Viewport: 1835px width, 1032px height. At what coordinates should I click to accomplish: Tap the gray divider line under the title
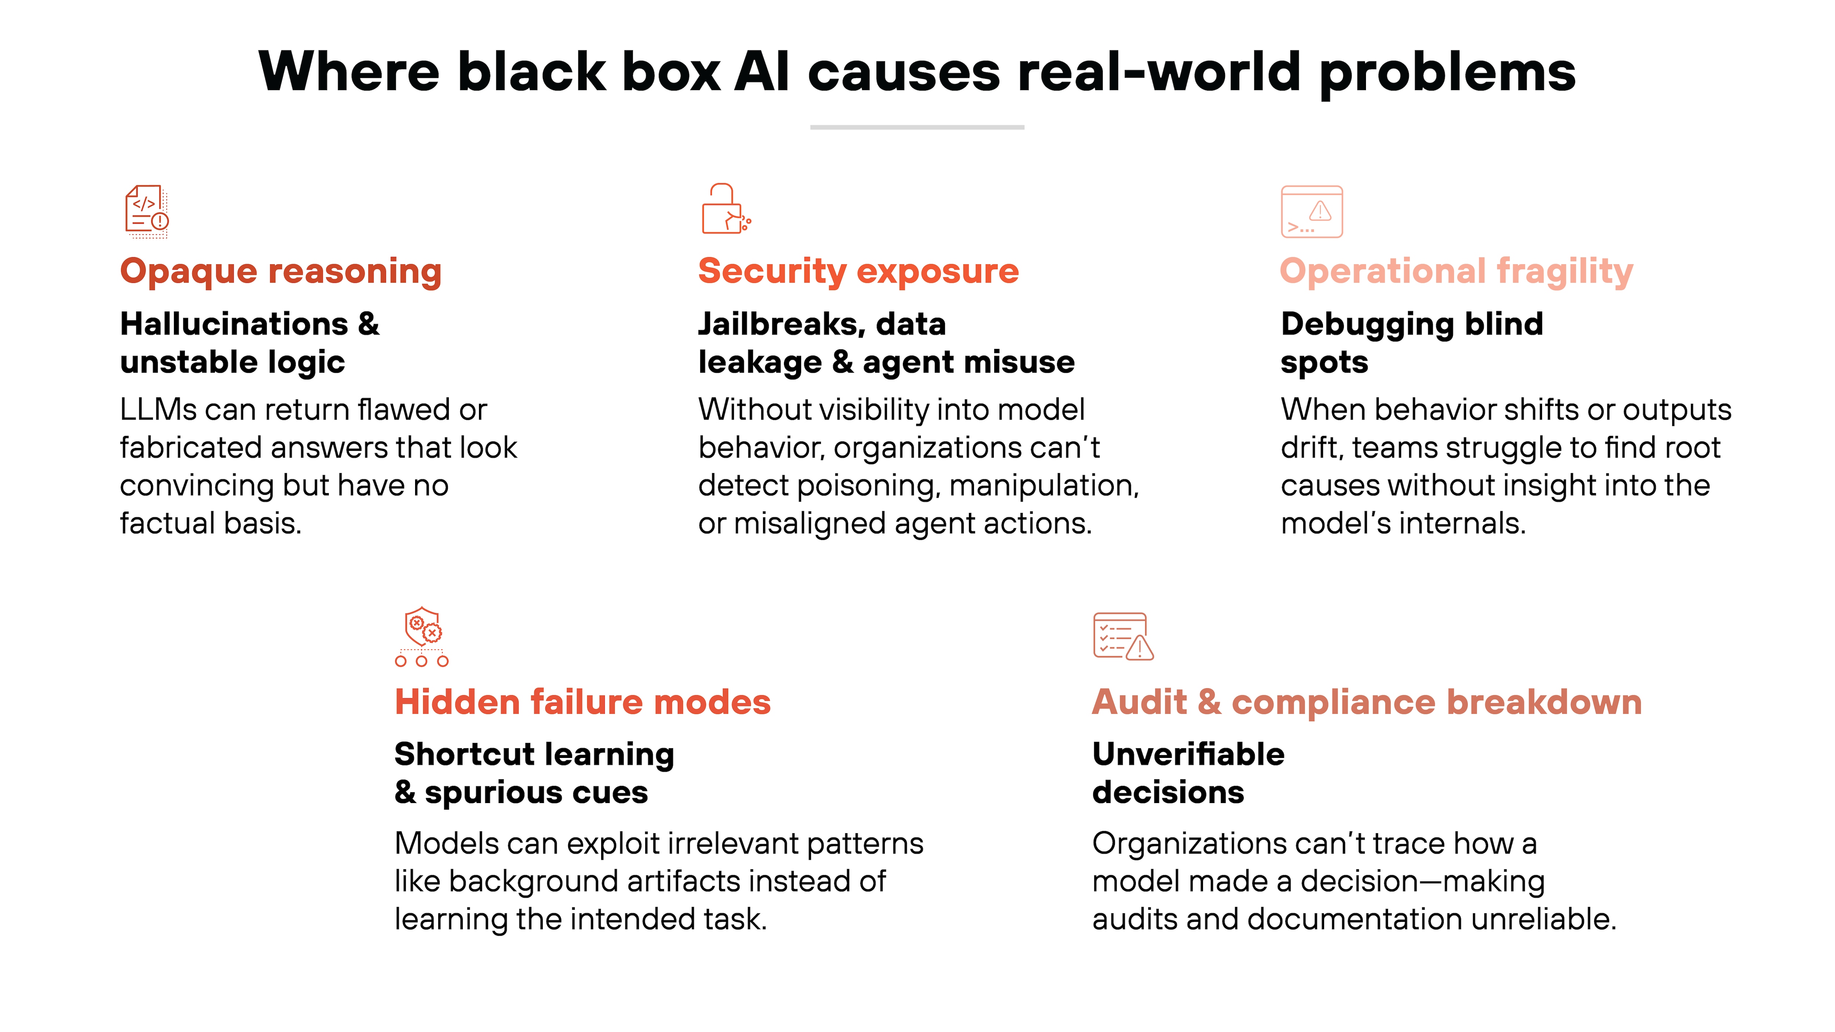(917, 127)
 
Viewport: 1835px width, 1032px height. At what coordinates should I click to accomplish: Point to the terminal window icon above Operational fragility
(1311, 212)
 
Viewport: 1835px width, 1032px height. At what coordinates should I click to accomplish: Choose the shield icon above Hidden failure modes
(422, 636)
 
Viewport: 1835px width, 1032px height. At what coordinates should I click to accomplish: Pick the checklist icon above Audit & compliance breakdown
(1123, 636)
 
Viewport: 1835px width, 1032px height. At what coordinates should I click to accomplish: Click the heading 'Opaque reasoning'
(281, 271)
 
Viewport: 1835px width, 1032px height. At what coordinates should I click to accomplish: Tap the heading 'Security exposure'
(858, 271)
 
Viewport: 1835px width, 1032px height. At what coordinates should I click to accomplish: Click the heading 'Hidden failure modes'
(583, 702)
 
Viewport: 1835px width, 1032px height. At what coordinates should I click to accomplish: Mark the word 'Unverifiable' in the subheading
(1188, 754)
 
